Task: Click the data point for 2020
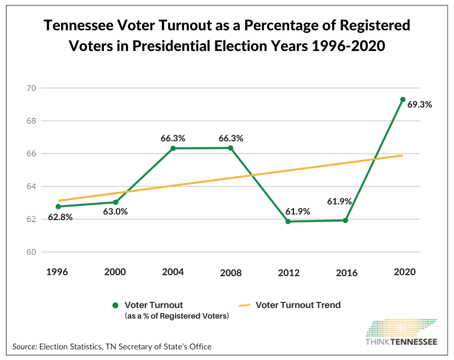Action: point(403,99)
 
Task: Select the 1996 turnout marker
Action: point(58,207)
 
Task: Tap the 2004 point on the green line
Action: point(173,148)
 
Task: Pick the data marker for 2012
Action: point(288,222)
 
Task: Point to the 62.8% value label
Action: point(60,218)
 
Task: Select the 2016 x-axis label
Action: point(346,273)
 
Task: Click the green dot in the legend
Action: point(115,305)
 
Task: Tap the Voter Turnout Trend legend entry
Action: point(298,305)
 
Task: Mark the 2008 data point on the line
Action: point(231,148)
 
